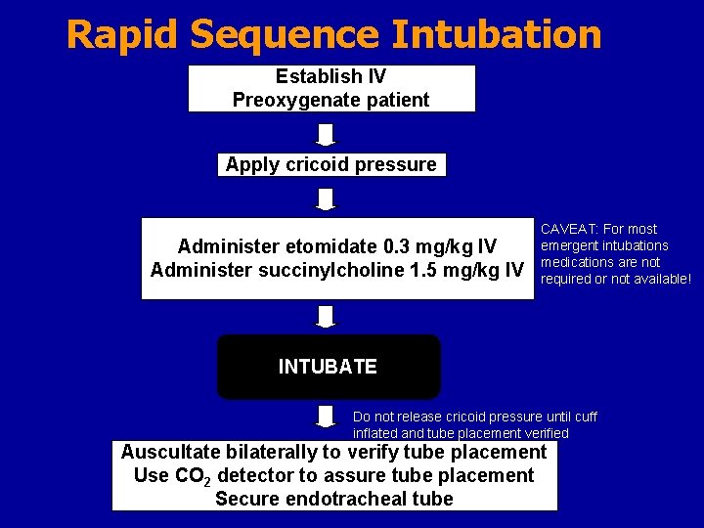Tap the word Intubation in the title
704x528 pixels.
(496, 34)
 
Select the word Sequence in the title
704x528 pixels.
(286, 34)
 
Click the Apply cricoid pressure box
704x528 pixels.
(330, 164)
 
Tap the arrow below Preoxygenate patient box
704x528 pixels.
(327, 134)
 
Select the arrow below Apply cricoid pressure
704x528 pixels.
(327, 199)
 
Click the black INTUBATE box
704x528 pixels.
(329, 367)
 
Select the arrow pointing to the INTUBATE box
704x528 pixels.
(327, 317)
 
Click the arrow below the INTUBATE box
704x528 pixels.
(327, 418)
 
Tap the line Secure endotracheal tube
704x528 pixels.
(334, 499)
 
